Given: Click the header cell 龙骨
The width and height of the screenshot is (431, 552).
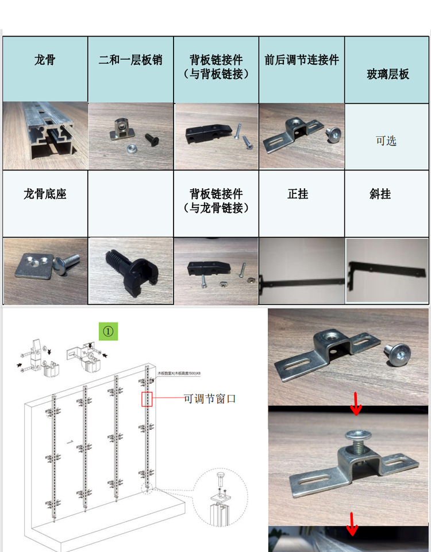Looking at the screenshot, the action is click(x=45, y=60).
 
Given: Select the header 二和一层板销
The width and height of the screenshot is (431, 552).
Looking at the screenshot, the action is click(x=130, y=60).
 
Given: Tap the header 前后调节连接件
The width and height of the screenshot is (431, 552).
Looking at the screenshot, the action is click(x=302, y=60).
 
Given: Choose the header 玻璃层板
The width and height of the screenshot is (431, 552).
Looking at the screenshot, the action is click(x=388, y=74).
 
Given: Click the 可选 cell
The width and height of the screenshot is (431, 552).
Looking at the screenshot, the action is click(x=386, y=141).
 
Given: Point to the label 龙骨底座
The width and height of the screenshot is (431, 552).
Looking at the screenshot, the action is click(x=45, y=194).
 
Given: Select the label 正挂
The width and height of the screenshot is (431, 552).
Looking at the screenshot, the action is click(x=298, y=194).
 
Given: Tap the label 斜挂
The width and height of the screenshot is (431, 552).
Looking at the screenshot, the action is click(x=380, y=194).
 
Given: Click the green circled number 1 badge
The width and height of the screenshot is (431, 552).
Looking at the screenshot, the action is click(x=109, y=331).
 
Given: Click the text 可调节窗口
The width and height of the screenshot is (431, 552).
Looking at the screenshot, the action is click(x=210, y=398).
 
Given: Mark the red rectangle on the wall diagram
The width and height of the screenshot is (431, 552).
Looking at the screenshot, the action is click(x=147, y=399).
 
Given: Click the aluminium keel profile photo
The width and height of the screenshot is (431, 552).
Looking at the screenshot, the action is click(x=45, y=136).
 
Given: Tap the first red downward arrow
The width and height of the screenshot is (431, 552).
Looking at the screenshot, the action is click(x=356, y=403).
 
